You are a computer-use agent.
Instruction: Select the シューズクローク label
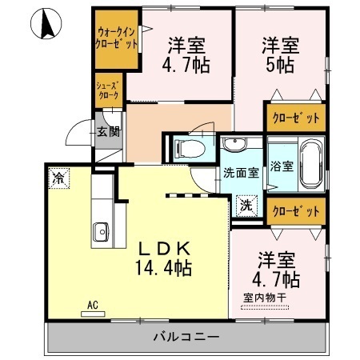point(108,90)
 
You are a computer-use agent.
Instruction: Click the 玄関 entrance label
point(108,132)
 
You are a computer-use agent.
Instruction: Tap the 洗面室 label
point(239,171)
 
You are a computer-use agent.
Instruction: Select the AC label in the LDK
point(92,304)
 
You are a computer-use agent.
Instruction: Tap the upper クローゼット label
point(296,118)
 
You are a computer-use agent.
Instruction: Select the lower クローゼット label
point(296,211)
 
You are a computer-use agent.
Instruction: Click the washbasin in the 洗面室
point(235,145)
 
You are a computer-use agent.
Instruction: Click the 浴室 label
point(281,168)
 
